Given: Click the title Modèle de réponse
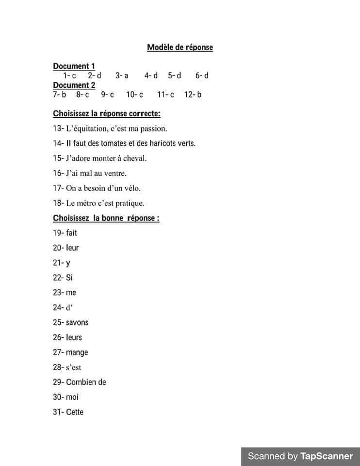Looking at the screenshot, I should (x=180, y=48).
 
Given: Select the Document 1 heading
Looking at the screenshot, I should (x=74, y=66).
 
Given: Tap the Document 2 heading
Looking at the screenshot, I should (x=74, y=85).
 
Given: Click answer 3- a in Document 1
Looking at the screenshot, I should (x=122, y=75).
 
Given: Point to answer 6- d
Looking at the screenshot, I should (x=202, y=75).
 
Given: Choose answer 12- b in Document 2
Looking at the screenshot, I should (x=193, y=95).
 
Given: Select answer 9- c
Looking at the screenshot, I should (x=108, y=95).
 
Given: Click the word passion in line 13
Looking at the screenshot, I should (x=153, y=129).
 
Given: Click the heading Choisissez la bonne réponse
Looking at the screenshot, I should (x=106, y=218).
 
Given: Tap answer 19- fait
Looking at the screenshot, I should (x=65, y=233).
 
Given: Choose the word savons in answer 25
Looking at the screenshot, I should (x=77, y=322).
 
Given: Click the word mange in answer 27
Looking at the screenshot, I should (x=77, y=352).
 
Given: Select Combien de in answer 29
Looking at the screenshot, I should (x=86, y=382).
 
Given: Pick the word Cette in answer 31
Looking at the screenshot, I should (x=75, y=412).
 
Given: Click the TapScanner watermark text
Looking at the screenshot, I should (x=300, y=456).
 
